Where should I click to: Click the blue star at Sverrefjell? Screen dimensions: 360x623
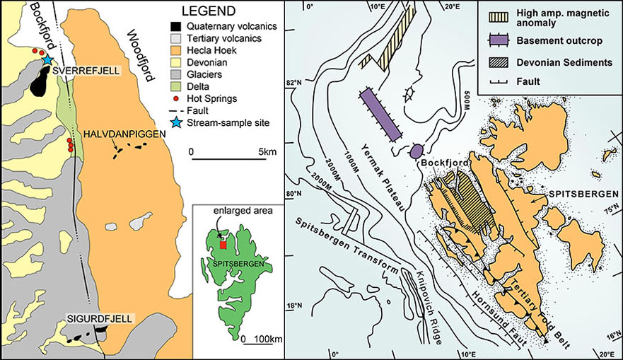click(x=47, y=59)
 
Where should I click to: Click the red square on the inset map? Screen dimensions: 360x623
click(x=223, y=245)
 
